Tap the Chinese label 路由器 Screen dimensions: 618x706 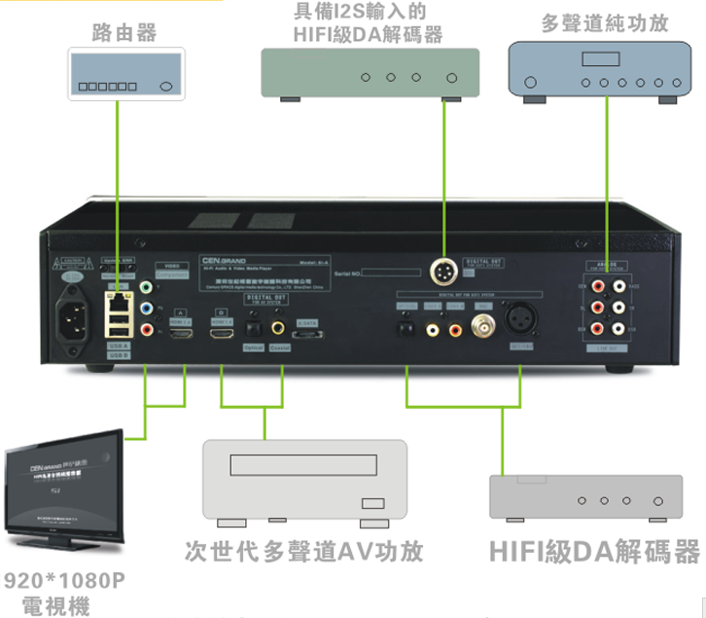pos(124,33)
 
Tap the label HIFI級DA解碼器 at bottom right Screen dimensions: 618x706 pos(594,552)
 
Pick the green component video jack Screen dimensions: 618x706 pos(145,289)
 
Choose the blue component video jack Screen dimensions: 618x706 pos(145,309)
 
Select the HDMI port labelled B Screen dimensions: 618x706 pos(223,332)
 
